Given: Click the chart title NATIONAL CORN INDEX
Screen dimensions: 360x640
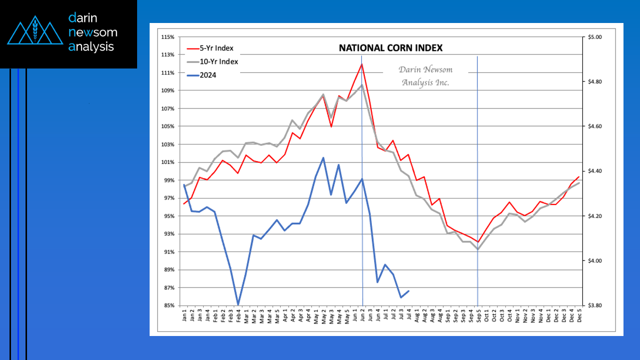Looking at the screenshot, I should [391, 48].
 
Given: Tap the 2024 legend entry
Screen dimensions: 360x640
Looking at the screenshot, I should [208, 75].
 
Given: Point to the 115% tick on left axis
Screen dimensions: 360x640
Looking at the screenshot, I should [168, 37].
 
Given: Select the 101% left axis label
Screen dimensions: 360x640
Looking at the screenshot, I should [168, 162].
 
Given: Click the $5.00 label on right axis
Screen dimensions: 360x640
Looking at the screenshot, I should [595, 37].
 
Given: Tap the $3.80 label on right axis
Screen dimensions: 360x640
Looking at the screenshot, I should [595, 305].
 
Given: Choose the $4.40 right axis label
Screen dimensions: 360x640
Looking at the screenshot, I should [595, 171].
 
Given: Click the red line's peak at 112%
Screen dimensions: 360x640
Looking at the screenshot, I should [361, 64].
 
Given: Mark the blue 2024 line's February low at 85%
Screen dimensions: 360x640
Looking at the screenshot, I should [238, 304].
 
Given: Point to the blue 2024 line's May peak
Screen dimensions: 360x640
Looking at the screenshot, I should [323, 158].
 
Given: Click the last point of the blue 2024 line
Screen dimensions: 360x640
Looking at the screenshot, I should [409, 291].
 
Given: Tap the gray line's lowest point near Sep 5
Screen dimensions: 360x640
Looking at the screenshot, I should [478, 249].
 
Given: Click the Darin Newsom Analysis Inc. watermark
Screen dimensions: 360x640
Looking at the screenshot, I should [425, 76].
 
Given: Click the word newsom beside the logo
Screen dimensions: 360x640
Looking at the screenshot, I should [93, 32].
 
